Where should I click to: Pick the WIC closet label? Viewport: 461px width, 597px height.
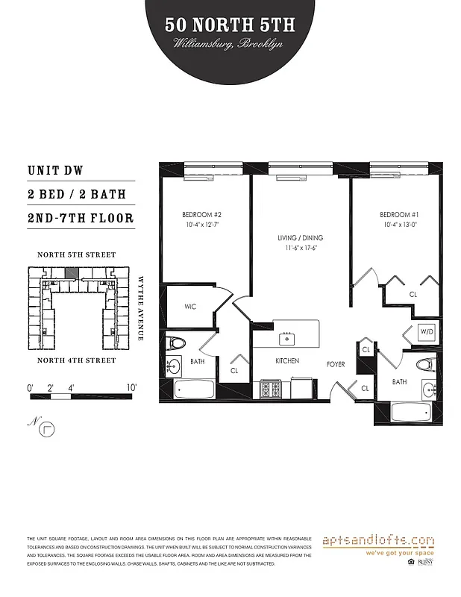click(191, 307)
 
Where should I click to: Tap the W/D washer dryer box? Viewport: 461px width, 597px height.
click(427, 331)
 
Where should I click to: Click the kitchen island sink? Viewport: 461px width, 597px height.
click(286, 338)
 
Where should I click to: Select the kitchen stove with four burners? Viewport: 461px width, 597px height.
click(269, 389)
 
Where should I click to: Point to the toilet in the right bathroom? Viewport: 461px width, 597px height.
click(424, 366)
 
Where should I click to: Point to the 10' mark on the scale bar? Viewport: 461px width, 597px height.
click(131, 388)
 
